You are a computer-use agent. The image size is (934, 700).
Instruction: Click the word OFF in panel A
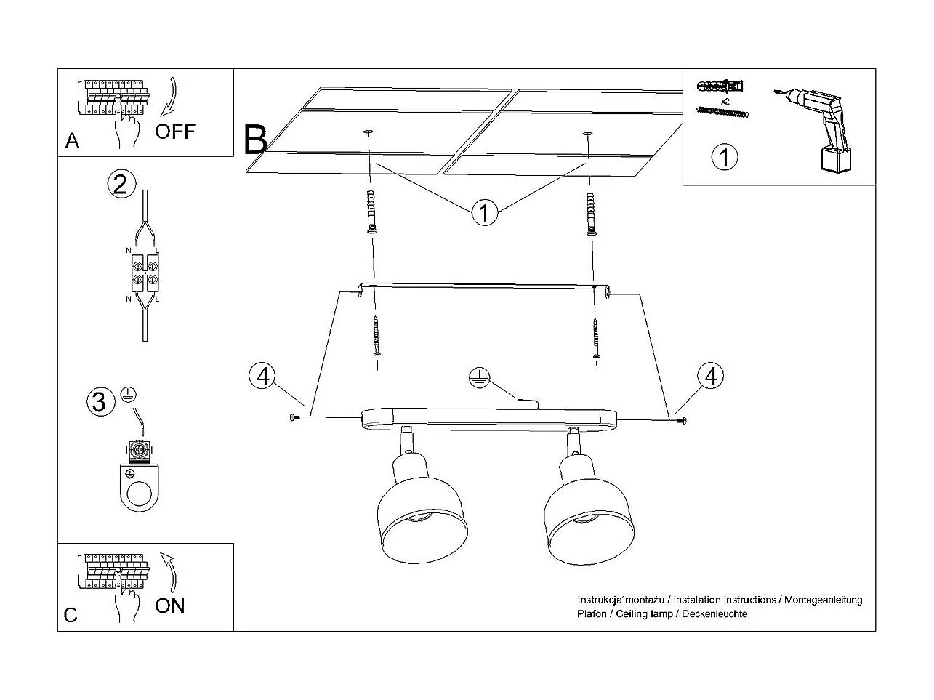(175, 131)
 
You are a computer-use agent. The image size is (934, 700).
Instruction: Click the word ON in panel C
(170, 605)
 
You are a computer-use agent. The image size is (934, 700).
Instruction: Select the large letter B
(255, 140)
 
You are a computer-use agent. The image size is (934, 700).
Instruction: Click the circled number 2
(121, 183)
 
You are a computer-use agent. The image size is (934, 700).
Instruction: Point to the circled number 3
(100, 401)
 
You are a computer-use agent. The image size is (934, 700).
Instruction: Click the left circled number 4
(262, 376)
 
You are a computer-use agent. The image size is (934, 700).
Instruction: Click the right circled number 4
(710, 376)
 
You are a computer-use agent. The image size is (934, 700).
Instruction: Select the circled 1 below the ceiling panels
(484, 213)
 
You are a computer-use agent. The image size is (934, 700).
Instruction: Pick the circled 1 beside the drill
(724, 157)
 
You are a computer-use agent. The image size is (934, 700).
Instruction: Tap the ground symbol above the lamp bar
(478, 377)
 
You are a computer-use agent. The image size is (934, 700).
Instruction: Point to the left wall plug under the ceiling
(372, 212)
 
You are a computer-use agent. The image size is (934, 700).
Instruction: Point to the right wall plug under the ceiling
(592, 212)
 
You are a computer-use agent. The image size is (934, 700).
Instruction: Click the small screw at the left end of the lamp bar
(294, 417)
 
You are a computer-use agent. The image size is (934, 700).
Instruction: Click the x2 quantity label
(725, 101)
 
